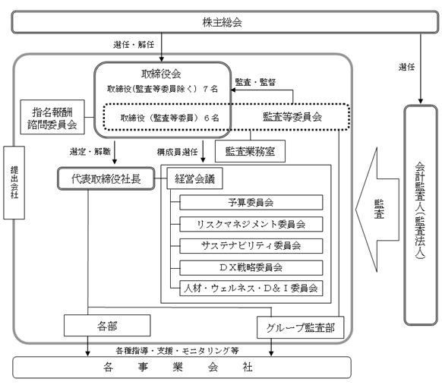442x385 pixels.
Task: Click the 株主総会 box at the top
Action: (225, 22)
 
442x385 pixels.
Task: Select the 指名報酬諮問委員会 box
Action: (52, 117)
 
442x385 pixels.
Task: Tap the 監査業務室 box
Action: (250, 151)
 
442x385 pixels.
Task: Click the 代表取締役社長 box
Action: (106, 178)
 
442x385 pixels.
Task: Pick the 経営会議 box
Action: (194, 178)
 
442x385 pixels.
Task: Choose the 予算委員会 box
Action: (251, 202)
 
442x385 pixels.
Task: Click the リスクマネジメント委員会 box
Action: (251, 224)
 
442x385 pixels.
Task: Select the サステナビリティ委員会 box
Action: (251, 246)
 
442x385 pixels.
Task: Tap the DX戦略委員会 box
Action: (251, 267)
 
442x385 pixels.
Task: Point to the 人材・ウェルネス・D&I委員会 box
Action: (251, 288)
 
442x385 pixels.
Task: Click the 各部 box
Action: (107, 326)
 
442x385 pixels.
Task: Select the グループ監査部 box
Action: (301, 327)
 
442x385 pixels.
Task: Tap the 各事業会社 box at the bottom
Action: (182, 368)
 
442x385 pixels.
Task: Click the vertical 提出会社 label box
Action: (14, 183)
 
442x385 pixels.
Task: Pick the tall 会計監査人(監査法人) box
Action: (421, 215)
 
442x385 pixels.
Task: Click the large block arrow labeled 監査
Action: (377, 210)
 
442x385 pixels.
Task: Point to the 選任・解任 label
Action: (134, 45)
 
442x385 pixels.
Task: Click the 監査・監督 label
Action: (255, 82)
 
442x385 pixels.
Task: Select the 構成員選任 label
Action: (177, 152)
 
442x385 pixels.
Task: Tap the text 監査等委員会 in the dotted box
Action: (292, 117)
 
